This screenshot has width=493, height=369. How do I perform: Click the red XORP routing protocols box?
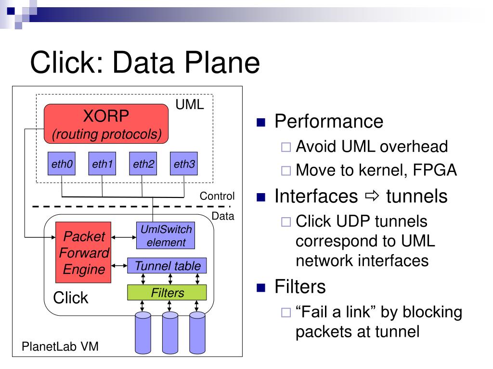click(106, 123)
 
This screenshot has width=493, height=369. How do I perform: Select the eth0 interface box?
click(62, 165)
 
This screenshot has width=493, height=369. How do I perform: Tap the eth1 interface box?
click(102, 165)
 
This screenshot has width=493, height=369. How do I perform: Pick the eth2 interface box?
click(143, 165)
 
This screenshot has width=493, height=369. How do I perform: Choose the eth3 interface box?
click(184, 165)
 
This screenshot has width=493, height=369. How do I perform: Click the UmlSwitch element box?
click(166, 236)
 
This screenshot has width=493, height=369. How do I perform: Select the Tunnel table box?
click(168, 266)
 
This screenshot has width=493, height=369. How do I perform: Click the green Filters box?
click(167, 293)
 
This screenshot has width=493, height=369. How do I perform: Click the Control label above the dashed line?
click(217, 196)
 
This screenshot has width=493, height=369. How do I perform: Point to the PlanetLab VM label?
click(61, 346)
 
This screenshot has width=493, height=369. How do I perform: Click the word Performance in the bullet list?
click(329, 122)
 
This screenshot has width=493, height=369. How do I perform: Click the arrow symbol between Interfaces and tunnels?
click(372, 196)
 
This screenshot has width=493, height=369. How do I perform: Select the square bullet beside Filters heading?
click(261, 288)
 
